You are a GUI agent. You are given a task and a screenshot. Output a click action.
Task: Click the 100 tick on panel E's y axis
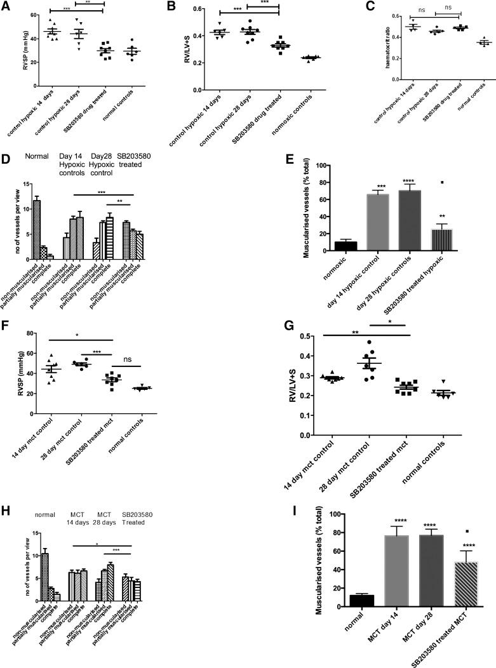(x=310, y=165)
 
